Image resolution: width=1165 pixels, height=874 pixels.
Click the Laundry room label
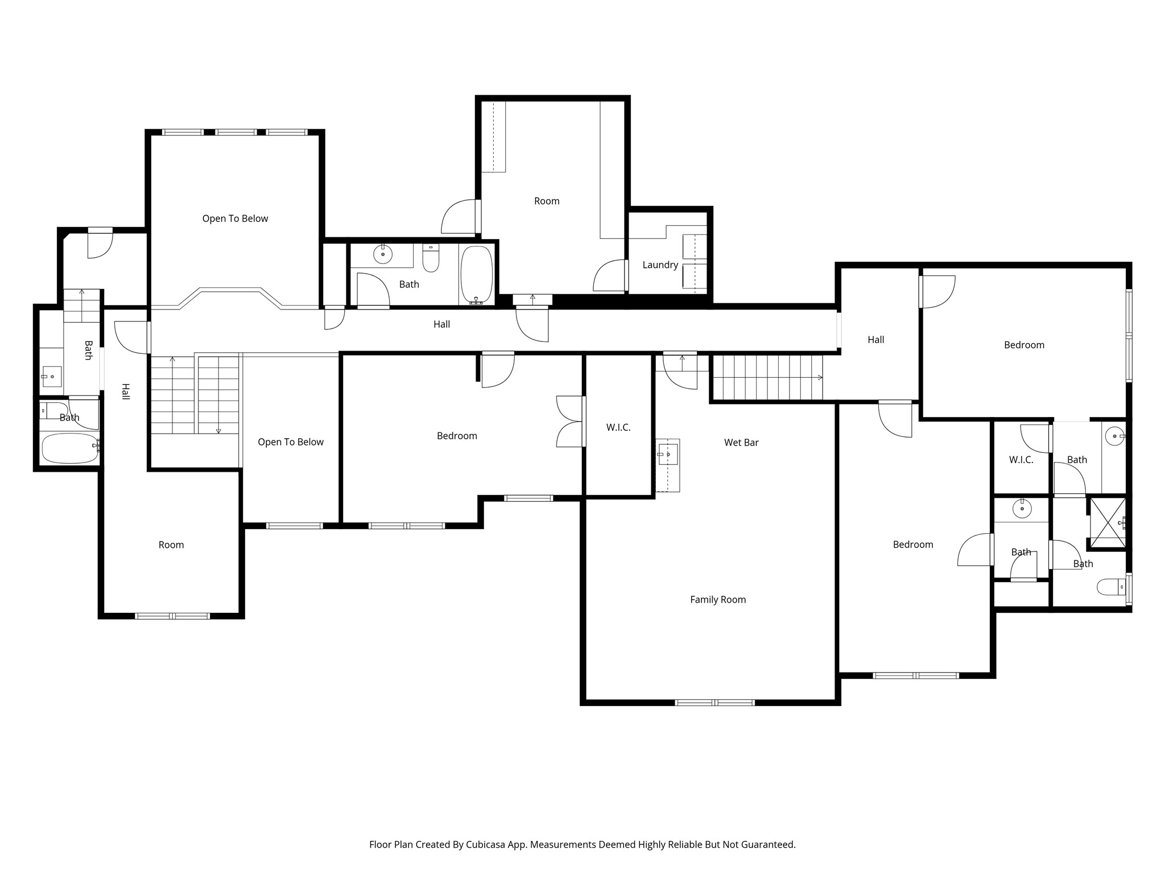pos(660,265)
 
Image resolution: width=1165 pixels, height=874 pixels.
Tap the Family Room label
pos(717,599)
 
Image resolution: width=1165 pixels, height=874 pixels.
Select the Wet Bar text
pos(741,442)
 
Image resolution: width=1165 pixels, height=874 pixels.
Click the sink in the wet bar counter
pos(668,454)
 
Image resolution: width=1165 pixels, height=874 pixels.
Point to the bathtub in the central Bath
pos(476,274)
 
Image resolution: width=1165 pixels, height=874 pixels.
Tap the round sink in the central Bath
pos(383,254)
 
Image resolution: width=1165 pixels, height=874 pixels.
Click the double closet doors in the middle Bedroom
pos(570,421)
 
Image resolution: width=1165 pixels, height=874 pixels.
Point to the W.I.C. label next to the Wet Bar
pos(618,427)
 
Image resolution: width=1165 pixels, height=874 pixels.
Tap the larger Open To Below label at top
pos(235,218)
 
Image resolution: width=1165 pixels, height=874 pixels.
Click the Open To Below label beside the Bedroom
pos(290,442)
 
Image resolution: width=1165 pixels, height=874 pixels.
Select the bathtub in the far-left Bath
pos(69,448)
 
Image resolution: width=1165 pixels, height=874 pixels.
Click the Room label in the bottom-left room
pos(171,545)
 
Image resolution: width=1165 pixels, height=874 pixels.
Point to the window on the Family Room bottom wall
pos(714,702)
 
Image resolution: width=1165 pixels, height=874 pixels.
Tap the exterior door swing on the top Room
pos(459,216)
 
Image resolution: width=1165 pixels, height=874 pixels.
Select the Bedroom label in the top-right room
pos(1023,345)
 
